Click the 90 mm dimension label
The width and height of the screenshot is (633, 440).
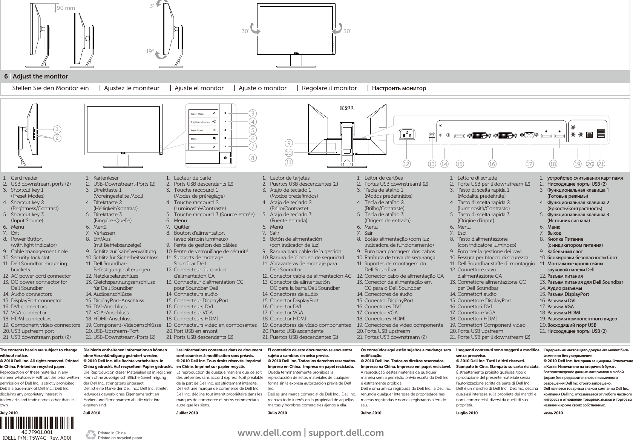coord(66,8)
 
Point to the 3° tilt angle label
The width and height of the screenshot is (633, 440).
coord(152,6)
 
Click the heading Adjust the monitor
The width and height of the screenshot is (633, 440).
coord(40,77)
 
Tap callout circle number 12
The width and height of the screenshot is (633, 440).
coord(406,164)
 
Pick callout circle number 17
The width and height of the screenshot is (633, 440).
coord(530,164)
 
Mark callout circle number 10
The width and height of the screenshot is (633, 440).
coord(289,152)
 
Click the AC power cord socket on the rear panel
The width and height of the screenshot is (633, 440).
coord(407,134)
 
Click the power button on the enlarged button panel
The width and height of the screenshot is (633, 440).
coord(225,158)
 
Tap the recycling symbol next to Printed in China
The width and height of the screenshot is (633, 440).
coord(91,434)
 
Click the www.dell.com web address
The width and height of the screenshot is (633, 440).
coord(269,433)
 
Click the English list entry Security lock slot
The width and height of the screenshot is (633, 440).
coord(30,257)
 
